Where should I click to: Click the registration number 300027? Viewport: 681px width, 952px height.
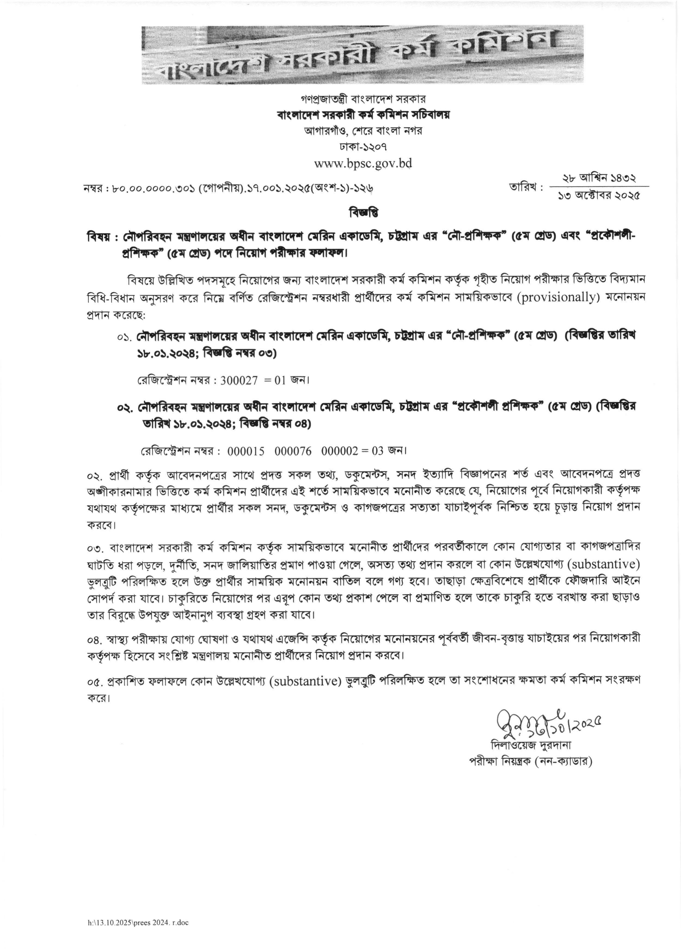tap(239, 380)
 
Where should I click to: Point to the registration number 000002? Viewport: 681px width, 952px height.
tap(340, 451)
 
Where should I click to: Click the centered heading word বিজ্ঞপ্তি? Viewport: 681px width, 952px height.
tap(363, 213)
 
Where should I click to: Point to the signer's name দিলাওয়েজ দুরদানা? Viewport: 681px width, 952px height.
tap(531, 745)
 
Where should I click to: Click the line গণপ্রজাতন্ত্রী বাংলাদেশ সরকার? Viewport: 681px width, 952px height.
tap(363, 99)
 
